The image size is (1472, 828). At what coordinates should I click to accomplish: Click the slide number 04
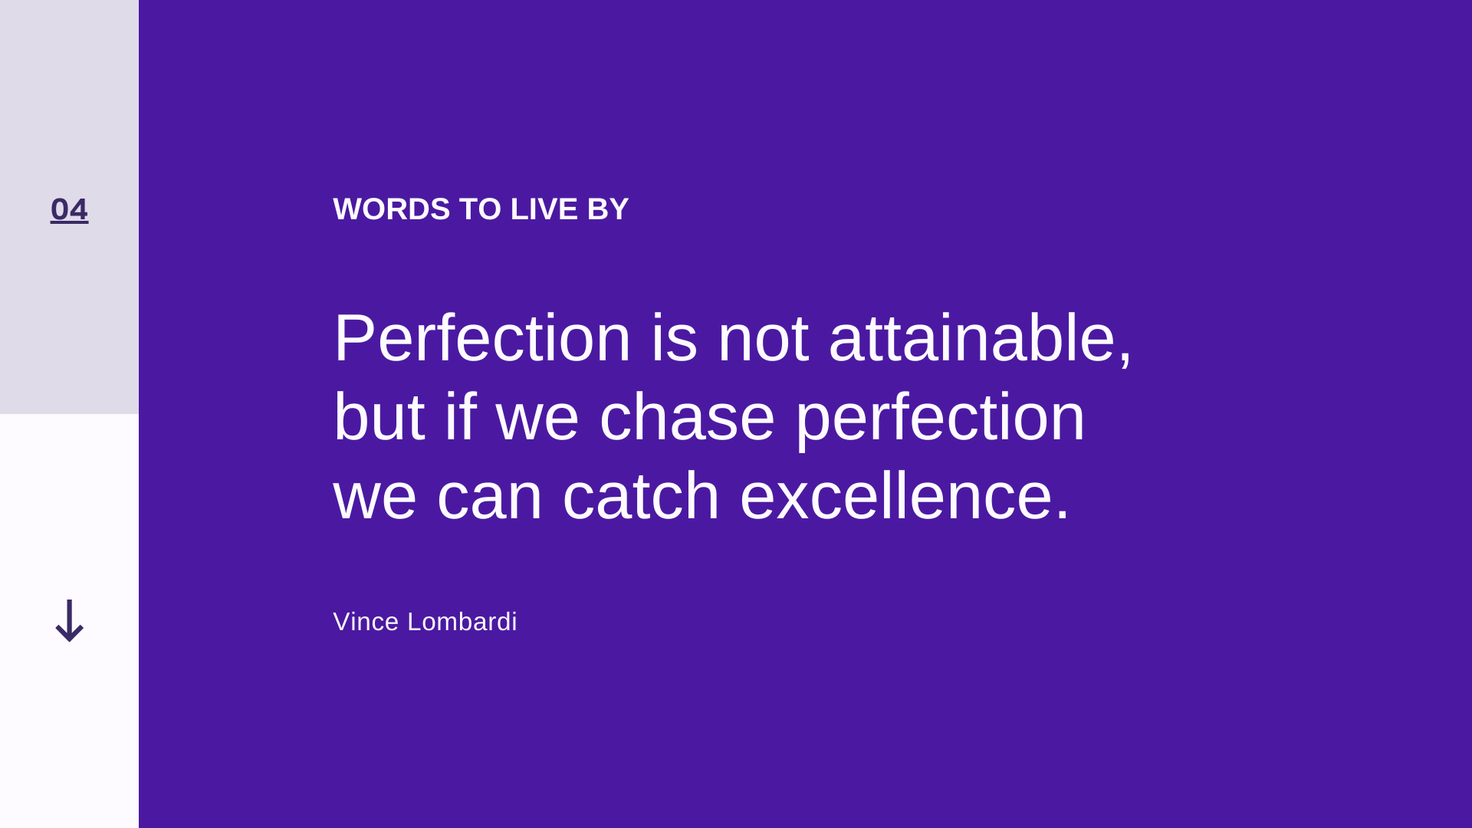point(69,209)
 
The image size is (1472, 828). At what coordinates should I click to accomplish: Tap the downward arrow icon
point(69,621)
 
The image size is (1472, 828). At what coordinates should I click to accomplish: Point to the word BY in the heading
point(608,209)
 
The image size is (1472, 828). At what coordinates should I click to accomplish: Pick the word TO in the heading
point(480,209)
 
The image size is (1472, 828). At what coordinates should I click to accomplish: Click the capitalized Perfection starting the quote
point(482,337)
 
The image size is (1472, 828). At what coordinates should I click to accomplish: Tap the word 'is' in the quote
point(674,337)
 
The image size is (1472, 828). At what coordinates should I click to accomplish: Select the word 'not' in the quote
point(763,337)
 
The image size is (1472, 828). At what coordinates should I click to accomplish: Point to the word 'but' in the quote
point(379,417)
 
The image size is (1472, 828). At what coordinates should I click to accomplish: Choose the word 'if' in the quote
point(461,417)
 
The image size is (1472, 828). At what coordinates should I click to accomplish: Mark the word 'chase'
point(687,417)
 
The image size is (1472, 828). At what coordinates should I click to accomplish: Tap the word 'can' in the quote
point(490,497)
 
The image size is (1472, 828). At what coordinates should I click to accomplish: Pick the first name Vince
point(366,622)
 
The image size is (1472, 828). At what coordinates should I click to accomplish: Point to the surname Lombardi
point(462,622)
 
